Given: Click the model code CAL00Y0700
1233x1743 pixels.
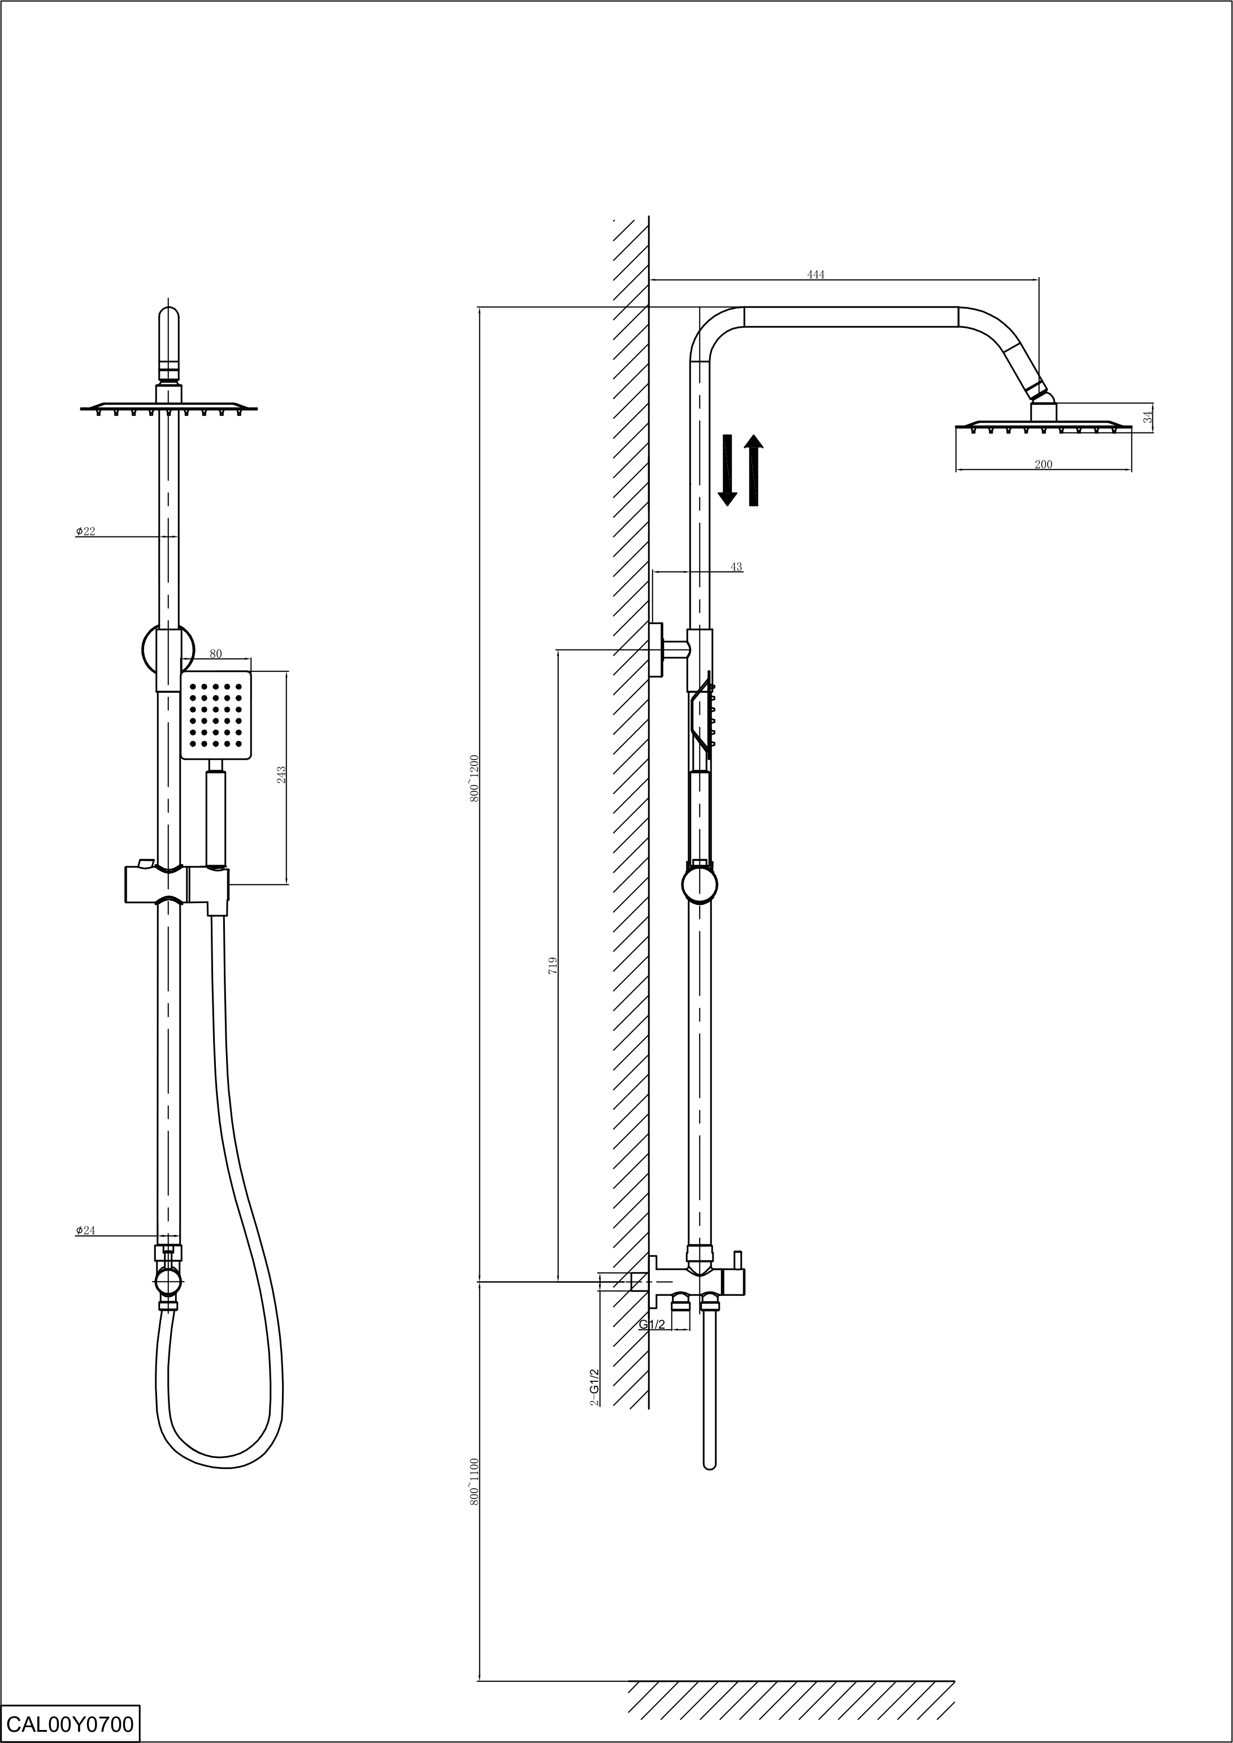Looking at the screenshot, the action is tap(70, 1723).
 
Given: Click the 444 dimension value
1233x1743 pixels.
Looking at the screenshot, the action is tap(815, 274).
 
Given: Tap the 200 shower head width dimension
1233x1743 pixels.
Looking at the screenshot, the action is tap(1043, 464).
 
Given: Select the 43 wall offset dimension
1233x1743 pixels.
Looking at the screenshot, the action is tap(736, 566).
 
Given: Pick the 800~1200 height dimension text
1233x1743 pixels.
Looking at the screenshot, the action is tap(474, 778).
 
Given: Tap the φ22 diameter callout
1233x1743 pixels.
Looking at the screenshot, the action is tap(85, 531).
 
